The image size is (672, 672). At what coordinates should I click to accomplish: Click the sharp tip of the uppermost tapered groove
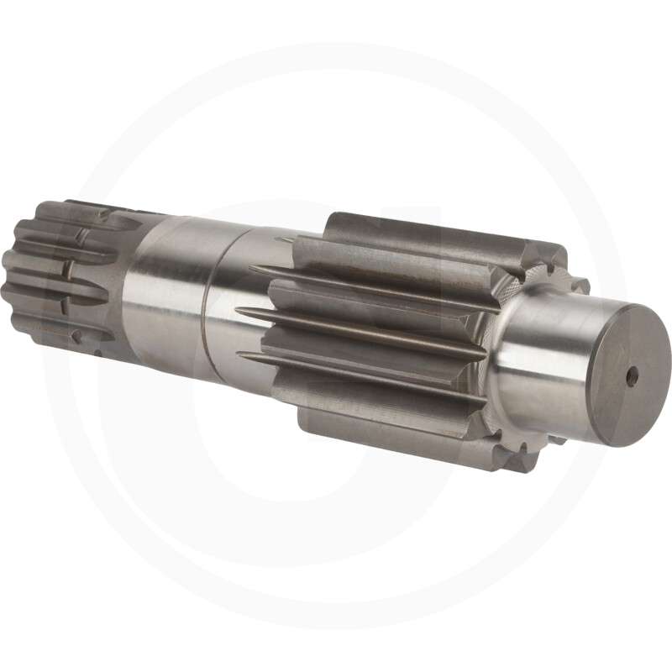pos(251,269)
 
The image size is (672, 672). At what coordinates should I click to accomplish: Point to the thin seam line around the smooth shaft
pos(206,302)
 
